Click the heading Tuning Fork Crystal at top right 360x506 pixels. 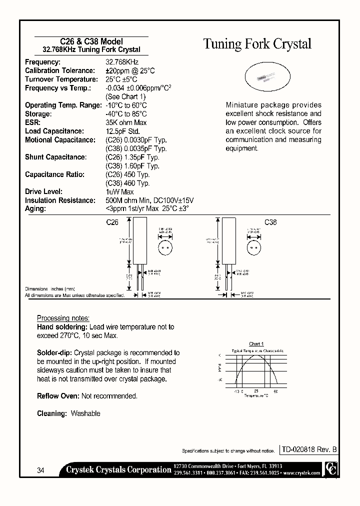(257, 44)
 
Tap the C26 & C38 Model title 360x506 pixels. (87, 41)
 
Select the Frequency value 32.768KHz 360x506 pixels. (121, 62)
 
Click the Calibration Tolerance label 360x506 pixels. (59, 71)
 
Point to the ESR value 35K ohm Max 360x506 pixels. (126, 122)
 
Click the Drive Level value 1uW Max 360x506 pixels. (119, 192)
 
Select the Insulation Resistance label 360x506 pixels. (60, 200)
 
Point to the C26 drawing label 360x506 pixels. (112, 223)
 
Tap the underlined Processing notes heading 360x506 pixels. (63, 318)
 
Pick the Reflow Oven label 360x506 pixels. (58, 396)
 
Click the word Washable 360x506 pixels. (85, 413)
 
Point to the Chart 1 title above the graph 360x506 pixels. (255, 344)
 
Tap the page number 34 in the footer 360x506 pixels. (41, 470)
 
